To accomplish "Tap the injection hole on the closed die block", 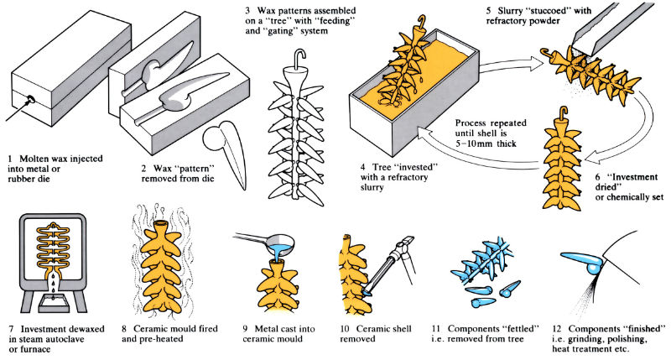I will (x=32, y=100).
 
